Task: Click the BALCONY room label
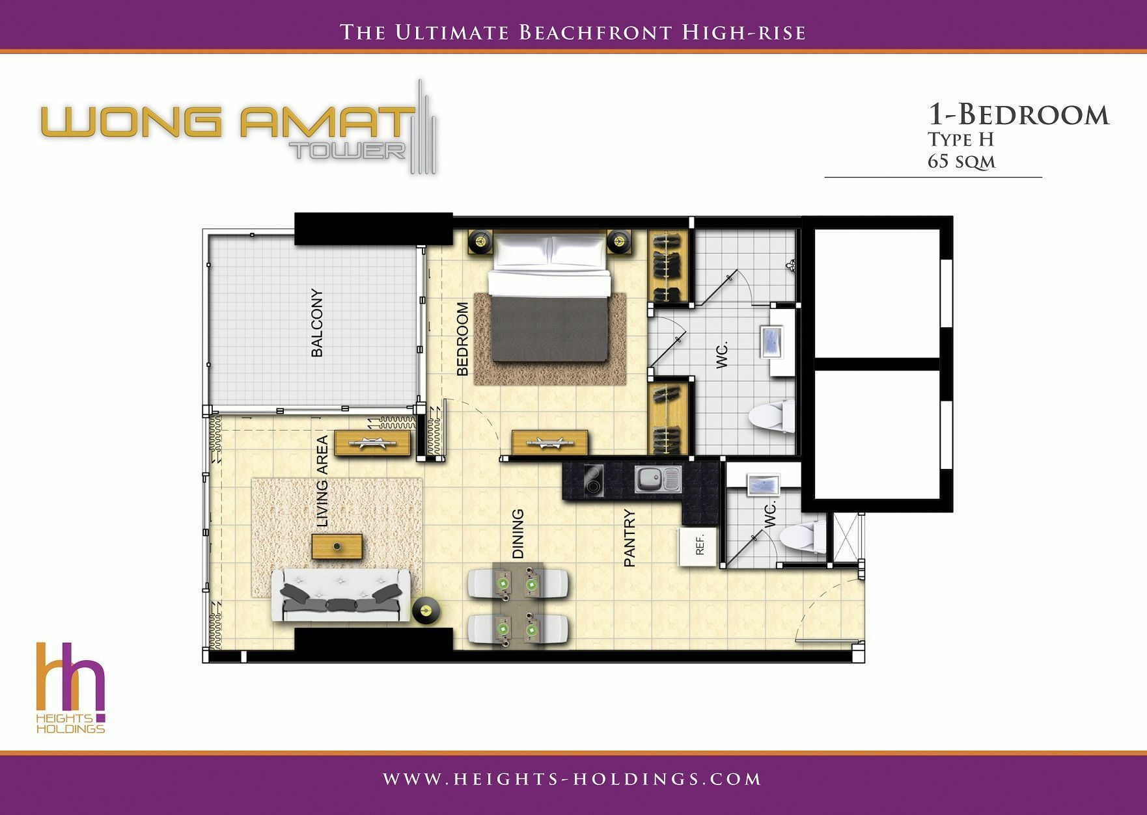click(317, 323)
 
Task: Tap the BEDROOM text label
click(463, 339)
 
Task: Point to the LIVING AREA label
click(322, 481)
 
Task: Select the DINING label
click(518, 533)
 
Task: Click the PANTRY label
click(629, 539)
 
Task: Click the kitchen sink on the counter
click(657, 479)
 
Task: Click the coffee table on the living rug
click(337, 546)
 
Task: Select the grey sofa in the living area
click(340, 595)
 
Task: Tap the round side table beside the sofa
click(427, 611)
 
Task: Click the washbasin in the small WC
click(764, 485)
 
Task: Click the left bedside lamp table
click(480, 242)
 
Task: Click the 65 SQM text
click(961, 161)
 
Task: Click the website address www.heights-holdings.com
click(572, 779)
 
